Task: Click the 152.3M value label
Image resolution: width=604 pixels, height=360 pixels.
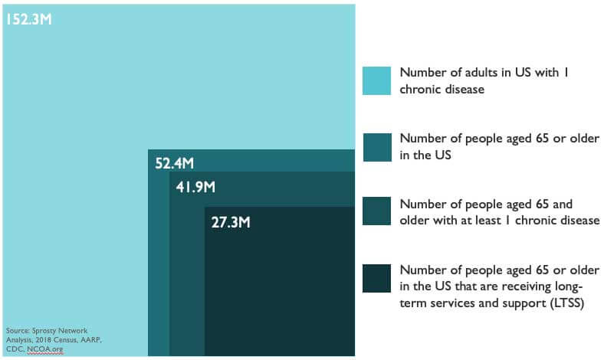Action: [28, 18]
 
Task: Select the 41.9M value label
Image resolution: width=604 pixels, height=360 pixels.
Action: [196, 187]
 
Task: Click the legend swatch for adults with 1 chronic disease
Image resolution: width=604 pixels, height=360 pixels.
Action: [376, 80]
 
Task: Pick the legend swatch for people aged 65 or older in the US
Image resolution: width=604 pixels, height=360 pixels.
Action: [376, 146]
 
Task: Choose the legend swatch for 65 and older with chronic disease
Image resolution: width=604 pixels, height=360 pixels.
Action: [376, 212]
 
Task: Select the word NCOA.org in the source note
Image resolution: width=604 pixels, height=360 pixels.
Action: [46, 349]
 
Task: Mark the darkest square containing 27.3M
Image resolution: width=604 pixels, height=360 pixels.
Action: [279, 291]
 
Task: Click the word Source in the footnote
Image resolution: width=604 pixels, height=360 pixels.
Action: [16, 330]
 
